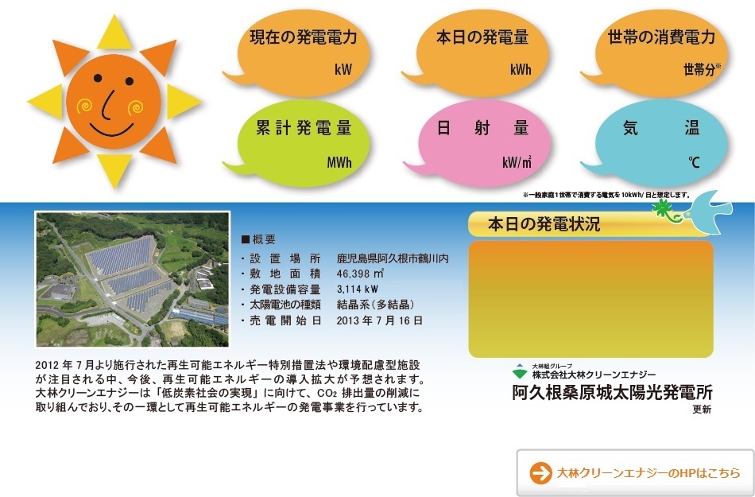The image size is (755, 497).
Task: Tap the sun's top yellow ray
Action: [114, 33]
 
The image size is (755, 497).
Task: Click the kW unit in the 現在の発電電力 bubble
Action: [343, 69]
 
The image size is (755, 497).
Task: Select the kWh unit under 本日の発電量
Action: [521, 70]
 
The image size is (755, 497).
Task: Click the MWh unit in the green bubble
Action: [339, 162]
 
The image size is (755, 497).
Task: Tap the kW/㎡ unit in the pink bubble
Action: [517, 162]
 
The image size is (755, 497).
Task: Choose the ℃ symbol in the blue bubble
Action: [694, 162]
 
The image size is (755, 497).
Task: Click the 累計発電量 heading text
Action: [304, 128]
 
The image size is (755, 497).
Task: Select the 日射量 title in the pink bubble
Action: [483, 128]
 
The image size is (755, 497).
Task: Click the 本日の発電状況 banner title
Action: [544, 224]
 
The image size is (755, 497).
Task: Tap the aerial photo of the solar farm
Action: [133, 279]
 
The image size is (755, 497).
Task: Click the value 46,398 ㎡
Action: [360, 274]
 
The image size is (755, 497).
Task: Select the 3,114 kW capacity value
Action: [358, 289]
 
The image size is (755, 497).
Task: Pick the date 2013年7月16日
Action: [379, 320]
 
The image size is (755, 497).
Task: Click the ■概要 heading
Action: [258, 239]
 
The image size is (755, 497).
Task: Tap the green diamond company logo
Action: [520, 371]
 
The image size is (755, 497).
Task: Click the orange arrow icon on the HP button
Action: [540, 473]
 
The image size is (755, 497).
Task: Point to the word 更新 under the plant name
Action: [702, 410]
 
